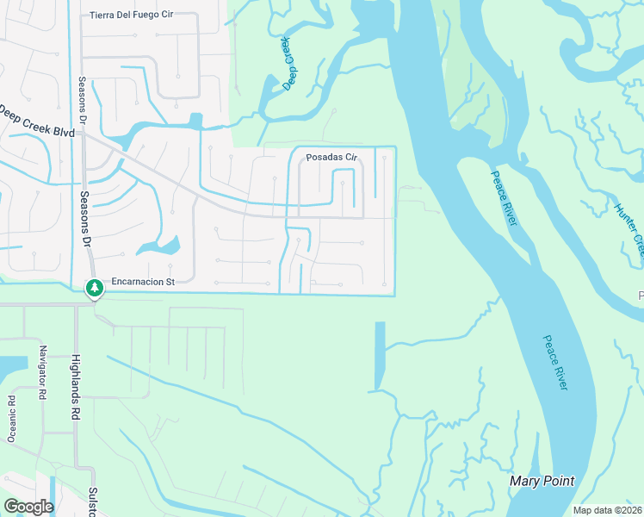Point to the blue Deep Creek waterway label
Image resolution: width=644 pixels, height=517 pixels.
click(288, 64)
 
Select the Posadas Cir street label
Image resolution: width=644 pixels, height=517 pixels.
click(331, 158)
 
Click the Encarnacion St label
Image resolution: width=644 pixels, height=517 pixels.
click(144, 281)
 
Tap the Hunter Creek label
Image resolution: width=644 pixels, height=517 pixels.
click(629, 227)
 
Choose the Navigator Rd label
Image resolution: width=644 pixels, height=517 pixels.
click(42, 372)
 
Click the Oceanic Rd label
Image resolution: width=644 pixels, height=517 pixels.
click(12, 419)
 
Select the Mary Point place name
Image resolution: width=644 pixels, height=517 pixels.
click(542, 481)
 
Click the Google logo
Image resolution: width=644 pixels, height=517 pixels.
click(28, 507)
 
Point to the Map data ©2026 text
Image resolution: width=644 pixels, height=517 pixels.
click(608, 510)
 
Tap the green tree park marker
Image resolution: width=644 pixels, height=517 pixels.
click(93, 289)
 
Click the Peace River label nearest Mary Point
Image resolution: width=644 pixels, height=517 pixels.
click(555, 363)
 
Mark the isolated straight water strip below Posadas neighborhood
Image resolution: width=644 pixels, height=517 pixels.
click(380, 355)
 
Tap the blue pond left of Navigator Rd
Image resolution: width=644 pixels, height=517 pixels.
click(13, 369)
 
